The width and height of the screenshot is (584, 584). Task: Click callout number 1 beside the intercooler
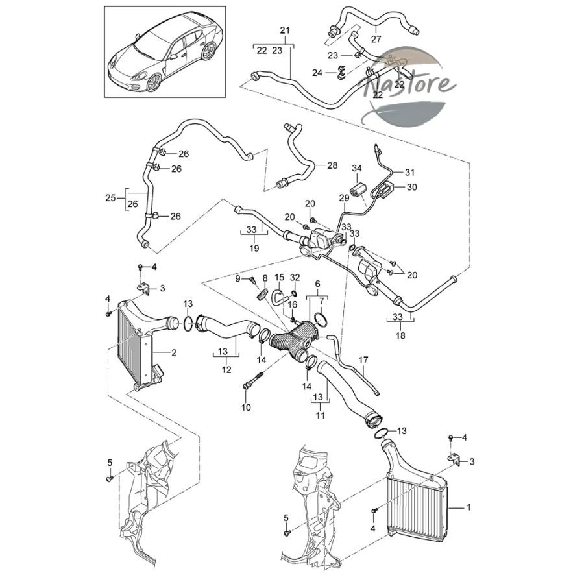tap(469, 507)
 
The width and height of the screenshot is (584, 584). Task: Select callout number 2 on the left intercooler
tap(174, 352)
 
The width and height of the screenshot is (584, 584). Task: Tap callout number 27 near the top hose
tap(376, 39)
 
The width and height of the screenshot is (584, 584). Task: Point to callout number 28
tap(332, 165)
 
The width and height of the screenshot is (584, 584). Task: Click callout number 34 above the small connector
tap(357, 168)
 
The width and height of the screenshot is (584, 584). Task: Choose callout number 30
tap(411, 187)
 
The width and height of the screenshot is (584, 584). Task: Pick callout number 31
tap(409, 172)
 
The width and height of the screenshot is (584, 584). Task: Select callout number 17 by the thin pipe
tap(363, 360)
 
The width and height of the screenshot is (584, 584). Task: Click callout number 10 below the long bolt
tap(246, 408)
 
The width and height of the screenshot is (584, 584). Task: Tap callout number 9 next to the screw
tap(237, 278)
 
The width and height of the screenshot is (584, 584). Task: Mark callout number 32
tap(295, 278)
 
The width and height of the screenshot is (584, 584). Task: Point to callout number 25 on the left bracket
tap(110, 198)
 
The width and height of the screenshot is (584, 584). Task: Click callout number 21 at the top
tap(285, 30)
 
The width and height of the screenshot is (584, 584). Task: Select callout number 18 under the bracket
tap(400, 335)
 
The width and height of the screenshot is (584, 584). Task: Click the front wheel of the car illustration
tap(154, 82)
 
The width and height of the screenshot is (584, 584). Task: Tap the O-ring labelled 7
tap(321, 319)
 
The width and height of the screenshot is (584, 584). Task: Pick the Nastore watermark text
tap(409, 85)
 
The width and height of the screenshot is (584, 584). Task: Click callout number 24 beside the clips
tap(317, 73)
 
